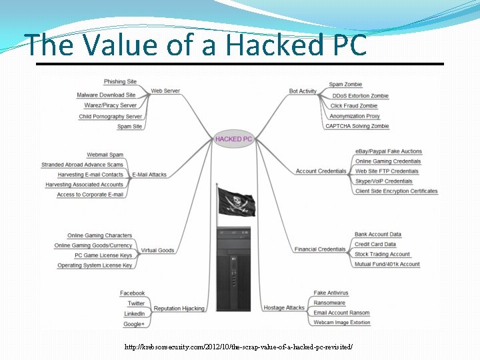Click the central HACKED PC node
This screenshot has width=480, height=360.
tap(233, 139)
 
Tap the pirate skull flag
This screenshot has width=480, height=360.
tap(235, 201)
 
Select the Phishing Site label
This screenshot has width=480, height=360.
tap(120, 81)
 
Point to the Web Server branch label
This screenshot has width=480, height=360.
tap(165, 91)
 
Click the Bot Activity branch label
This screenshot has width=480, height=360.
tap(303, 91)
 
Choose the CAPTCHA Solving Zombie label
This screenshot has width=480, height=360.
tap(357, 126)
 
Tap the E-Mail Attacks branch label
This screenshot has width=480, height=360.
tap(149, 175)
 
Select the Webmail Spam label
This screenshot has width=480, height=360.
tap(105, 155)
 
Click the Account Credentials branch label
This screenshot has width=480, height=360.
tap(321, 171)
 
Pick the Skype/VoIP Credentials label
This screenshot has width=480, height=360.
tap(384, 181)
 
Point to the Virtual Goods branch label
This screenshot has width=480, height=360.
tap(157, 251)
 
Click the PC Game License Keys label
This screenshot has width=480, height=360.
tap(103, 255)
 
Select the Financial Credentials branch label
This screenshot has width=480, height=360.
tap(320, 249)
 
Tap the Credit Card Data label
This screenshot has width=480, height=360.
tap(375, 244)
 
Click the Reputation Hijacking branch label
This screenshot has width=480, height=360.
tap(179, 309)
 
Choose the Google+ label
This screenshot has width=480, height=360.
tap(134, 324)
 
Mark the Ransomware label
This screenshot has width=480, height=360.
tap(329, 303)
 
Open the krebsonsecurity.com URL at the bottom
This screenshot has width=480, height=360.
tap(238, 347)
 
